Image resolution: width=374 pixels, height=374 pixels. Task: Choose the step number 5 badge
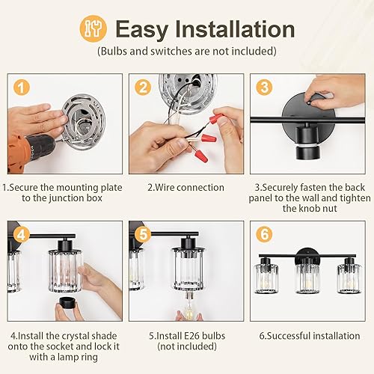[x=143, y=233]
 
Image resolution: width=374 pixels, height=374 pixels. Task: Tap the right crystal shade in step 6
[x=349, y=278]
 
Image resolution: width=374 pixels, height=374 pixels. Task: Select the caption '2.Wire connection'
[x=186, y=187]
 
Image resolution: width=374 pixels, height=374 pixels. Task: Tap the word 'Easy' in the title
[x=141, y=29]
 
